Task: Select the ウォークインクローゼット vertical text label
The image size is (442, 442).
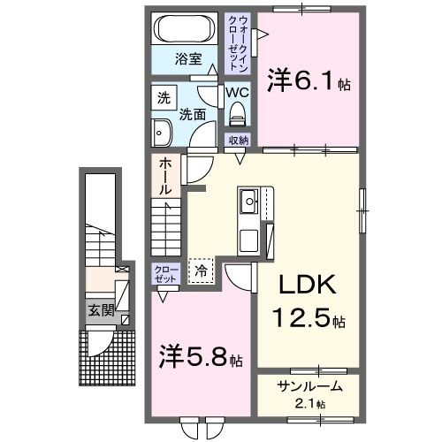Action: tap(239, 42)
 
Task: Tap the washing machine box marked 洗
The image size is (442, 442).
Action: tap(164, 98)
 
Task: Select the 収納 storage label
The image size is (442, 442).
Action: tap(239, 140)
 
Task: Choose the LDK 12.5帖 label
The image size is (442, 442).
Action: tap(306, 301)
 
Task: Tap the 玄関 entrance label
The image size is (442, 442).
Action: tap(99, 310)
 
